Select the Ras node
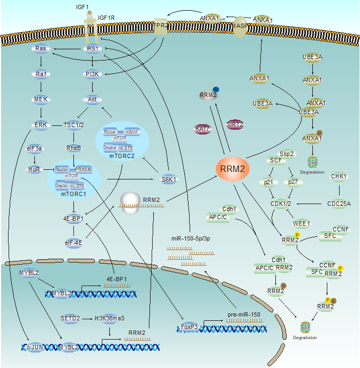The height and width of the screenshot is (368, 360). click(41, 49)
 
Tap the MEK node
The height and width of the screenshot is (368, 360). click(41, 99)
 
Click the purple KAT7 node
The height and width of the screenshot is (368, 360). click(202, 129)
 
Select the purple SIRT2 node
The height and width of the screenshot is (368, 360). click(235, 124)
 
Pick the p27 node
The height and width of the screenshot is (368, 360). click(292, 182)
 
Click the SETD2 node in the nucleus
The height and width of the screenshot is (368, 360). click(70, 318)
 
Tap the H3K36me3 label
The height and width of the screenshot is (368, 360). click(109, 318)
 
